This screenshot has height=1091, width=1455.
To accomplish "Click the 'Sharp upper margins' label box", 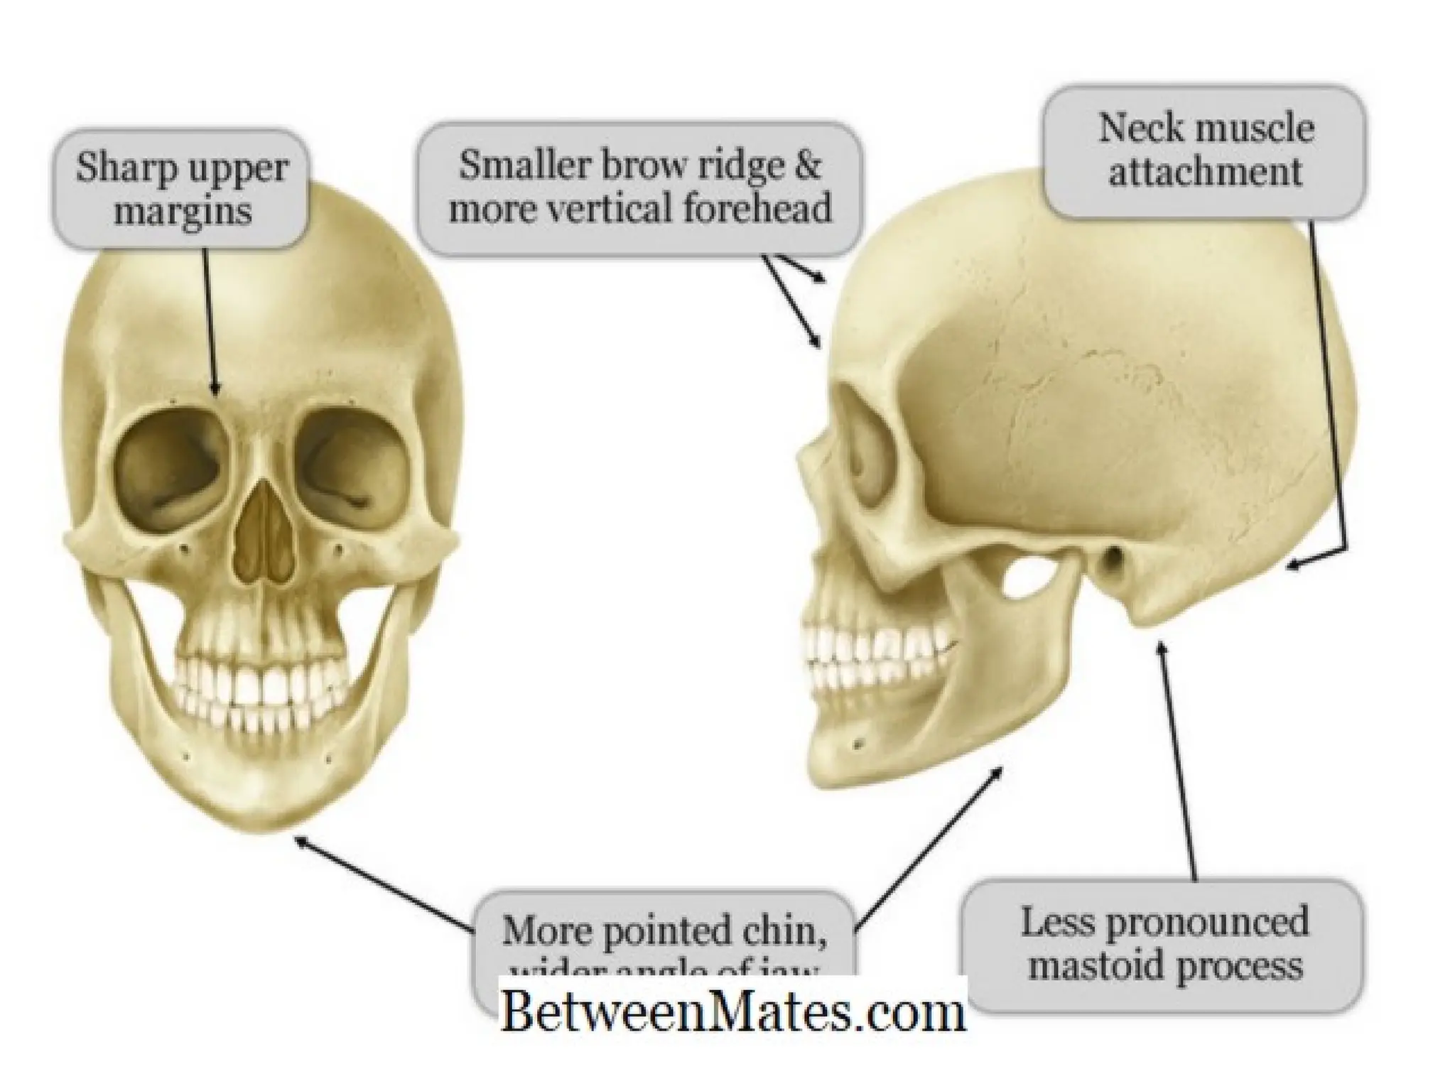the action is click(182, 188).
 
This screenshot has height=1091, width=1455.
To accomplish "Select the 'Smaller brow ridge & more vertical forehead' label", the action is click(639, 188).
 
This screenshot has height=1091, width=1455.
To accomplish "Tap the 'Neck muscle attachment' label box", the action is click(1205, 151).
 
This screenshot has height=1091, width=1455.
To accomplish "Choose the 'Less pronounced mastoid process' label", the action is click(1165, 945).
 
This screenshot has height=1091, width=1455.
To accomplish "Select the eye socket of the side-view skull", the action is click(863, 455).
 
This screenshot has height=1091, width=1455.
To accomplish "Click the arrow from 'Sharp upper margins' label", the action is click(211, 320).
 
